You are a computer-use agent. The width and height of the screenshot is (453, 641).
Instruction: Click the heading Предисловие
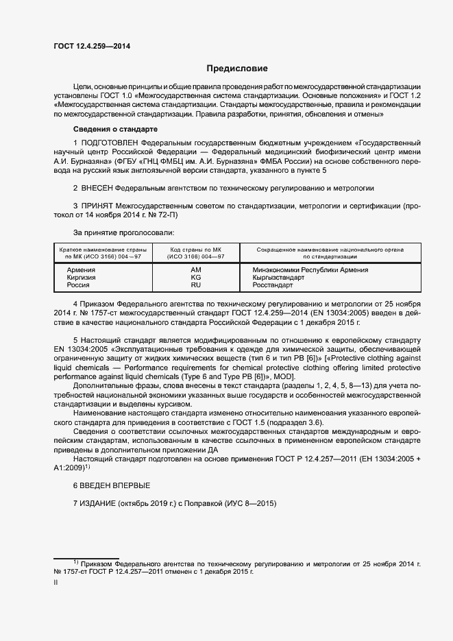[238, 69]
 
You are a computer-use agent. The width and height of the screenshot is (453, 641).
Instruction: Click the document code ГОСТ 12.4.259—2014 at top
[92, 46]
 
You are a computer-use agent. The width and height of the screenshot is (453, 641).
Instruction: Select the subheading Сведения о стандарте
[115, 130]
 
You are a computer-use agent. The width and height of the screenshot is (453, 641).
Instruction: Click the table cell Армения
[81, 270]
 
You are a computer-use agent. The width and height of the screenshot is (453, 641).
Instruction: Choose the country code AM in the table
[196, 270]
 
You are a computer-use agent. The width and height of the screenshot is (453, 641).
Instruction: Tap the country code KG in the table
[196, 278]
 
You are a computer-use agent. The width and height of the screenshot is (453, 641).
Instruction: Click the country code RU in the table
[196, 285]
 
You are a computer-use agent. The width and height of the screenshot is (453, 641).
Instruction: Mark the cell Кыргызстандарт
[279, 278]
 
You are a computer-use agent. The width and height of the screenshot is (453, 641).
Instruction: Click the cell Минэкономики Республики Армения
[310, 270]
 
